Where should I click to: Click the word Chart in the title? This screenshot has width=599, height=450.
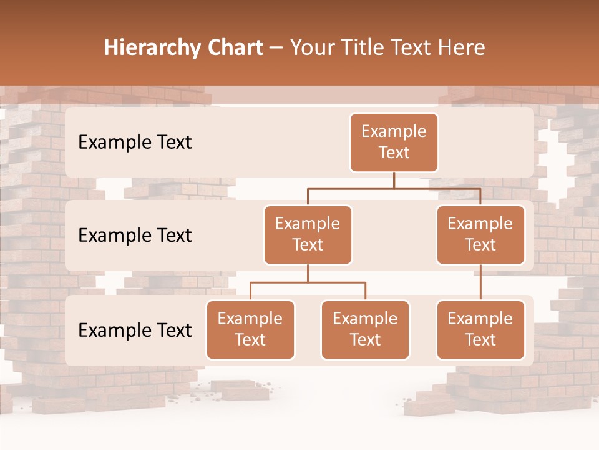click(232, 48)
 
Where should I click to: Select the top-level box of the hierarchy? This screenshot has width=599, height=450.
click(394, 142)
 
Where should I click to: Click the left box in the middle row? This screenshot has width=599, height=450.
click(308, 234)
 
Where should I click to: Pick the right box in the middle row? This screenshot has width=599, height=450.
click(480, 234)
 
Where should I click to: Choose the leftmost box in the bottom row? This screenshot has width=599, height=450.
click(250, 329)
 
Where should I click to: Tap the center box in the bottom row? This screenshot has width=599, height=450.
click(365, 329)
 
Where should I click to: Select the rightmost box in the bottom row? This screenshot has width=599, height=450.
click(480, 329)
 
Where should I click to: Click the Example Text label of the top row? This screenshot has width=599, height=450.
click(135, 142)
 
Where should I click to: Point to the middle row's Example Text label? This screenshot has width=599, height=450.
click(135, 235)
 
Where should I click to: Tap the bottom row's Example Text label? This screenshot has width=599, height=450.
click(135, 330)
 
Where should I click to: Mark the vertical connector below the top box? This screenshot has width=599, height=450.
click(394, 180)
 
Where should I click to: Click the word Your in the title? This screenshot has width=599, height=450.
click(312, 48)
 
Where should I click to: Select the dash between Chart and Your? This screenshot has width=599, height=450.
click(276, 48)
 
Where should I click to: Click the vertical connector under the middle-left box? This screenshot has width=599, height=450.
click(308, 273)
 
